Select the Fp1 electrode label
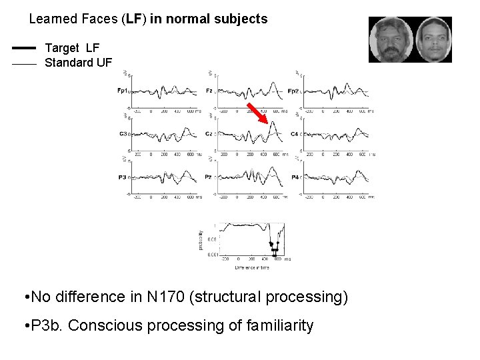click(122, 91)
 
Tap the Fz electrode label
click(209, 91)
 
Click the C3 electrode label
click(123, 134)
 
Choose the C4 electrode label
click(295, 134)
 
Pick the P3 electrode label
click(123, 177)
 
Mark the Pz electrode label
click(209, 177)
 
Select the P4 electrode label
click(295, 177)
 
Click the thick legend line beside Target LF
click(24, 48)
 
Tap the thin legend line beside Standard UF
click(24, 65)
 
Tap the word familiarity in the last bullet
click(280, 326)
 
